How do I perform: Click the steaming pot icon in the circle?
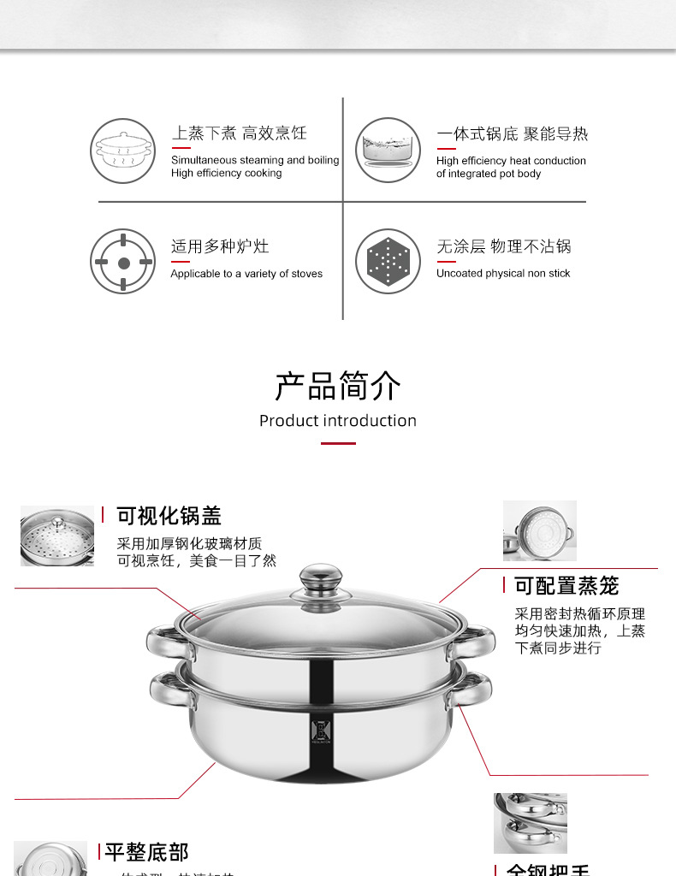click(x=123, y=150)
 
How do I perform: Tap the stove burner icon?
click(x=123, y=262)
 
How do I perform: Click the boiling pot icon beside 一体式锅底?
click(x=388, y=150)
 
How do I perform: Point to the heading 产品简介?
click(x=338, y=386)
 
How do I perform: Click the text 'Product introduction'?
click(x=338, y=421)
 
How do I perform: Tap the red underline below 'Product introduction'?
click(x=338, y=443)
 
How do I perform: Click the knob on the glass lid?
click(x=321, y=580)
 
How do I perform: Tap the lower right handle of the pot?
click(x=471, y=688)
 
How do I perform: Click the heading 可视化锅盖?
click(x=169, y=516)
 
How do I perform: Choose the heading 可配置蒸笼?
click(x=566, y=586)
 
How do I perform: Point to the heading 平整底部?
click(x=146, y=852)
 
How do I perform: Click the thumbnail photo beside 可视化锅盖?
click(x=57, y=536)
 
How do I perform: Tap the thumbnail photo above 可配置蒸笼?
click(x=540, y=530)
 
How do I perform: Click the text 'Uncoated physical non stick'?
click(x=503, y=274)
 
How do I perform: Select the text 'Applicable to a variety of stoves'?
click(x=246, y=274)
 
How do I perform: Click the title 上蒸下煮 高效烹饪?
click(x=239, y=133)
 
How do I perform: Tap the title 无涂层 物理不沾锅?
click(x=503, y=247)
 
